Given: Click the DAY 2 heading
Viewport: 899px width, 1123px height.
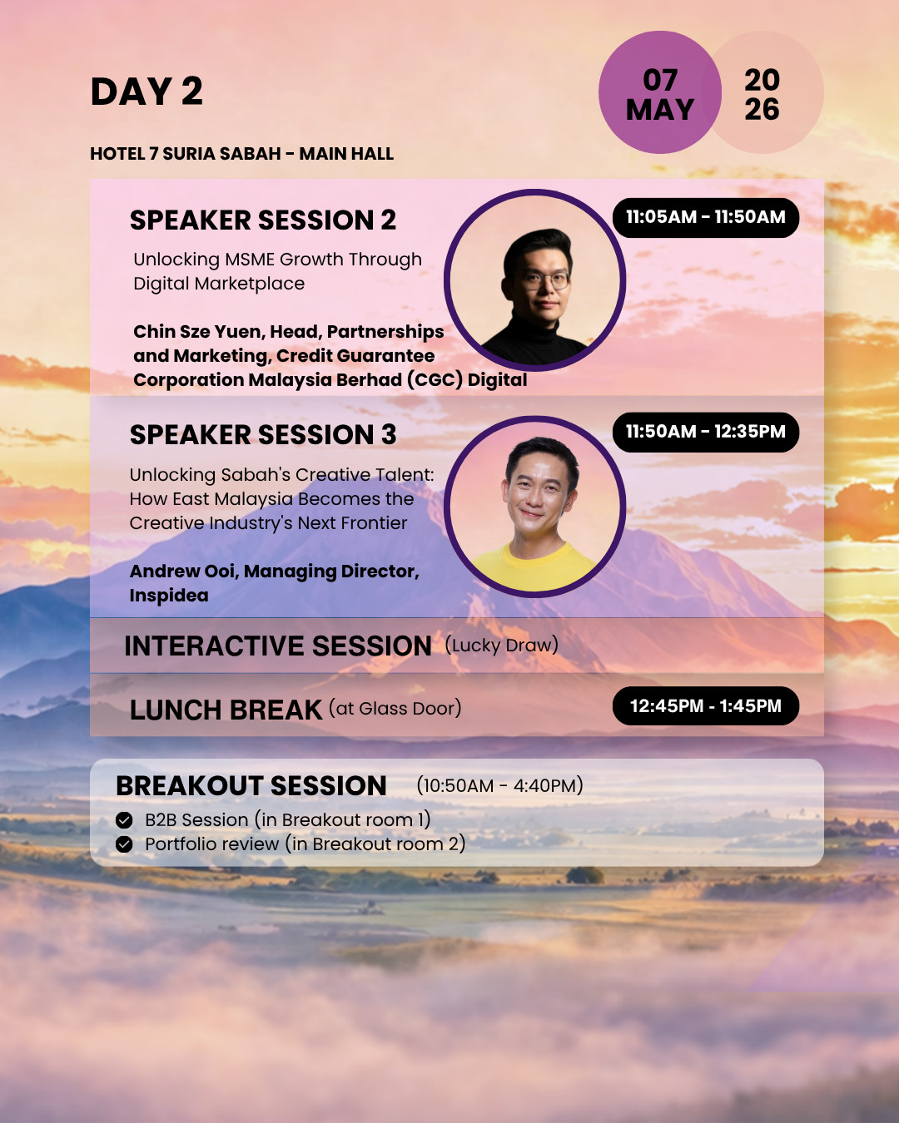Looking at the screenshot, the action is tap(147, 92).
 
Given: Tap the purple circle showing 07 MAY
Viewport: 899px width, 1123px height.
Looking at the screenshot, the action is tap(660, 92).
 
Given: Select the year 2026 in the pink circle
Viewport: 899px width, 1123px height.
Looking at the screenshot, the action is tap(762, 95).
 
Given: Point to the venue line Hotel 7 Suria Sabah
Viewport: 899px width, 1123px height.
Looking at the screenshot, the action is tap(242, 154).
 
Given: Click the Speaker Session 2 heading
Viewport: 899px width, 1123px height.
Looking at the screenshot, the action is tap(263, 220).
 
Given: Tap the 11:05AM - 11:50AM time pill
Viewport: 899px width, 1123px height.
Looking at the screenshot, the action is tap(706, 218).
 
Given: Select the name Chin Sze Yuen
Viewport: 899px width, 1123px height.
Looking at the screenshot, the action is tap(199, 331).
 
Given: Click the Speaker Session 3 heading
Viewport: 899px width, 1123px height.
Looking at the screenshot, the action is tap(263, 435).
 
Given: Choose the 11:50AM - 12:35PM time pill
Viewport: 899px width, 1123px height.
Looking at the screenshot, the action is tap(706, 432).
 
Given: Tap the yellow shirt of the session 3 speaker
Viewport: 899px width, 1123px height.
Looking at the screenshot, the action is tap(534, 568).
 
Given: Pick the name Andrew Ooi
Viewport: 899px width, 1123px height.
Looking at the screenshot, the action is tap(185, 571).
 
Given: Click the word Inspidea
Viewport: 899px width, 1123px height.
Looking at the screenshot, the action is tap(169, 596).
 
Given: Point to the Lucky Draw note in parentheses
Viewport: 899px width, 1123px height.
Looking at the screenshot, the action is tap(501, 645).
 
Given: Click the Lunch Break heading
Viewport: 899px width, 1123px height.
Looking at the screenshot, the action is tap(226, 710).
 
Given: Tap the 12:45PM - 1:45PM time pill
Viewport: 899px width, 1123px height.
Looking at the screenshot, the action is tap(706, 705).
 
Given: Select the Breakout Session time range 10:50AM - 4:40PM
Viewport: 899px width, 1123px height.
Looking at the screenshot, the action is tap(499, 785).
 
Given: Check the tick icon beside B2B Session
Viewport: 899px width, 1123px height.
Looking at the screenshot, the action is tap(124, 820).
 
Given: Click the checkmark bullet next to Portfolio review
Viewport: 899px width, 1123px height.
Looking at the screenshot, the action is tap(124, 843).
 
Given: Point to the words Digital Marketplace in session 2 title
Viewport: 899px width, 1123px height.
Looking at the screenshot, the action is tap(219, 284).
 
